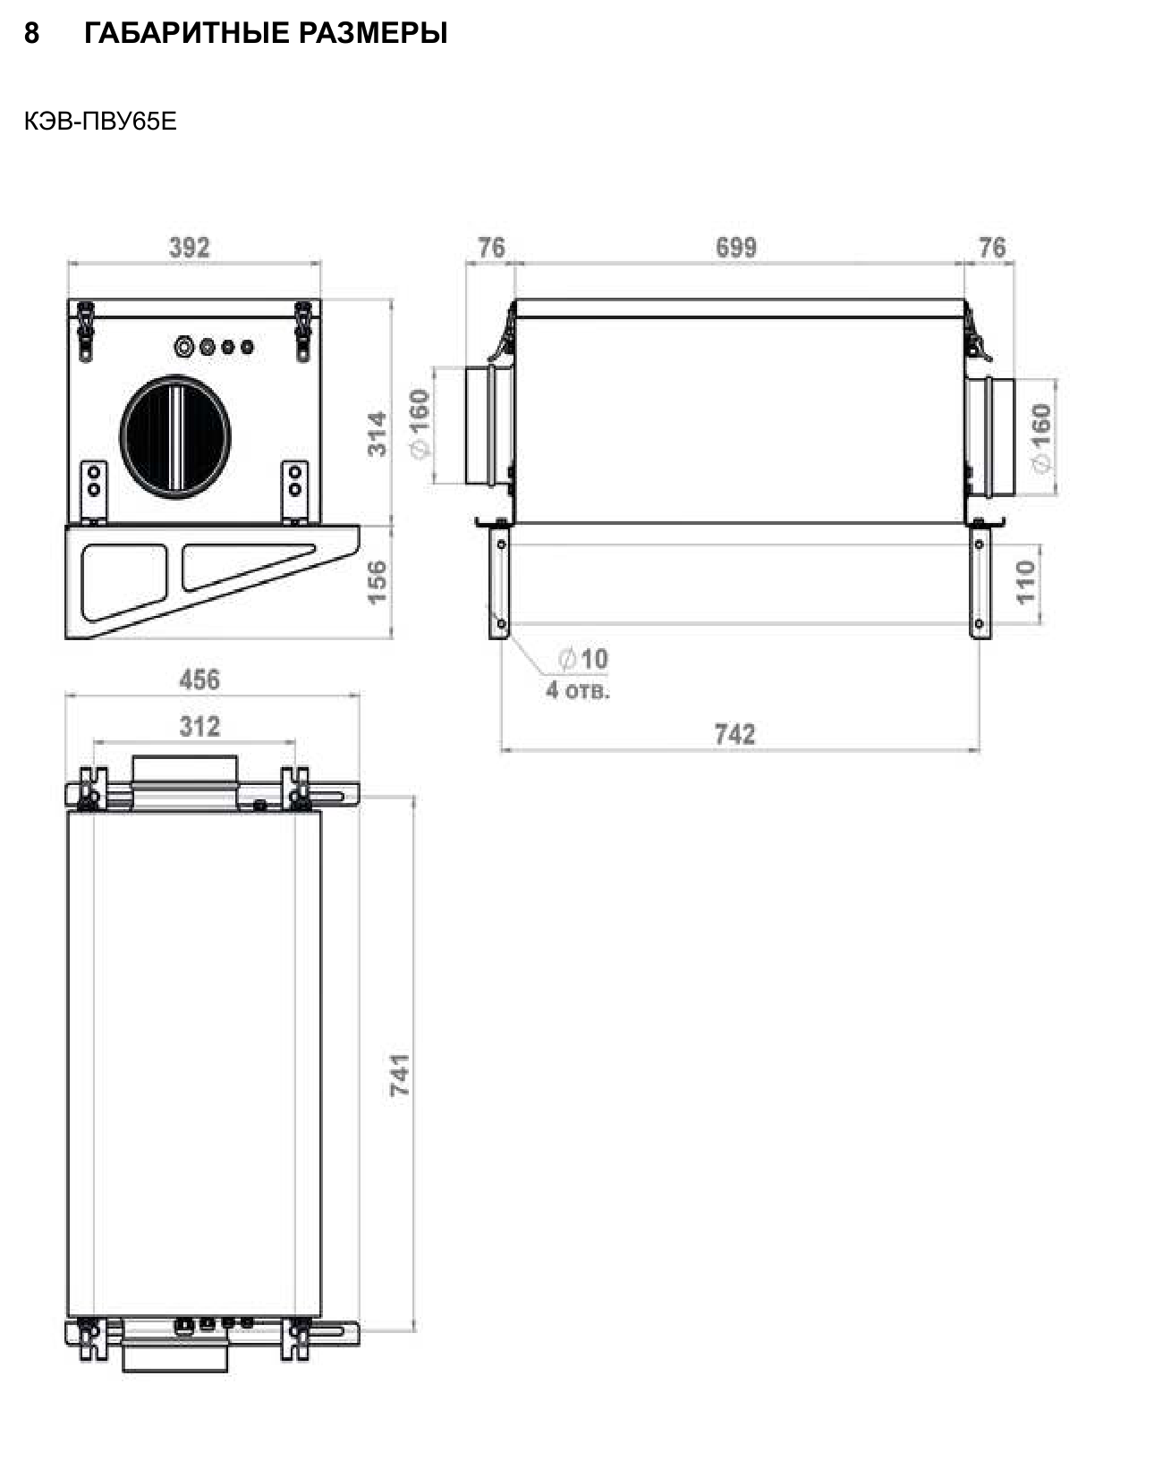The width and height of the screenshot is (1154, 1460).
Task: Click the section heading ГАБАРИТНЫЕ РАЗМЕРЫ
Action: [266, 32]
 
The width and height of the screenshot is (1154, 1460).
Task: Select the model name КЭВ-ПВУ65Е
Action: [100, 121]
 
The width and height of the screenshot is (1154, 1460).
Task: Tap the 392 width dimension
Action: [190, 247]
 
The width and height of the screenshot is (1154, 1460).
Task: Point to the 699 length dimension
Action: [736, 247]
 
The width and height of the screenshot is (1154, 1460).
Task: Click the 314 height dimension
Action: [377, 434]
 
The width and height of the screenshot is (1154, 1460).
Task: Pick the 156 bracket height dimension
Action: [377, 581]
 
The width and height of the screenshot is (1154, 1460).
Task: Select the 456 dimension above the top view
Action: [199, 679]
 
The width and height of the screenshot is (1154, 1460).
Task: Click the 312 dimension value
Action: [199, 727]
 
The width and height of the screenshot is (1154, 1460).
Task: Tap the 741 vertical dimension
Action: [400, 1076]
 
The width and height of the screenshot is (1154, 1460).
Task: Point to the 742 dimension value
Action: [734, 734]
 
